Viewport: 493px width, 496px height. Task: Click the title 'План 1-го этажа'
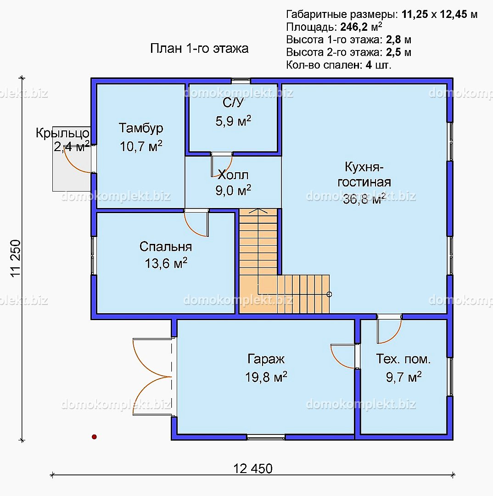click(x=199, y=48)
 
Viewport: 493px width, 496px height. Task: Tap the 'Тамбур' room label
click(x=141, y=128)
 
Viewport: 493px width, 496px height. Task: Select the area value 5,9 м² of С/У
click(x=233, y=121)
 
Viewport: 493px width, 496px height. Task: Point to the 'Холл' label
click(x=233, y=175)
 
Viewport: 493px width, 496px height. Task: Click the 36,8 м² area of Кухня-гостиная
click(x=364, y=199)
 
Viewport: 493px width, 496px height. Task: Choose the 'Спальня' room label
click(x=166, y=247)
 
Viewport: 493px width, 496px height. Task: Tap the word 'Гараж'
click(x=266, y=359)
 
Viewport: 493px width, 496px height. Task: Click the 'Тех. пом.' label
click(x=403, y=359)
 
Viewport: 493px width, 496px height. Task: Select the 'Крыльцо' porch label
click(x=62, y=133)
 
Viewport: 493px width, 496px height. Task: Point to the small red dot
click(x=94, y=437)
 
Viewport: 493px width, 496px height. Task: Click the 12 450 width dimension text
click(x=252, y=468)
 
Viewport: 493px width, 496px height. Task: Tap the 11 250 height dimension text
click(x=16, y=259)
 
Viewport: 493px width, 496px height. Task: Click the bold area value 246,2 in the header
click(x=354, y=27)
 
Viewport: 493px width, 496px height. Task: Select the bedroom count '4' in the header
click(x=369, y=65)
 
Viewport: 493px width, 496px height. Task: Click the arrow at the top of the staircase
click(x=258, y=211)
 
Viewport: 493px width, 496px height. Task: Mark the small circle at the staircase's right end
click(x=329, y=294)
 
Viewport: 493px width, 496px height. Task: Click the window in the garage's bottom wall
click(x=266, y=438)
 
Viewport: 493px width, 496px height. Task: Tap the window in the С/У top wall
click(x=241, y=81)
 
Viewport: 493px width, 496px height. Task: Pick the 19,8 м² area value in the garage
click(x=266, y=377)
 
